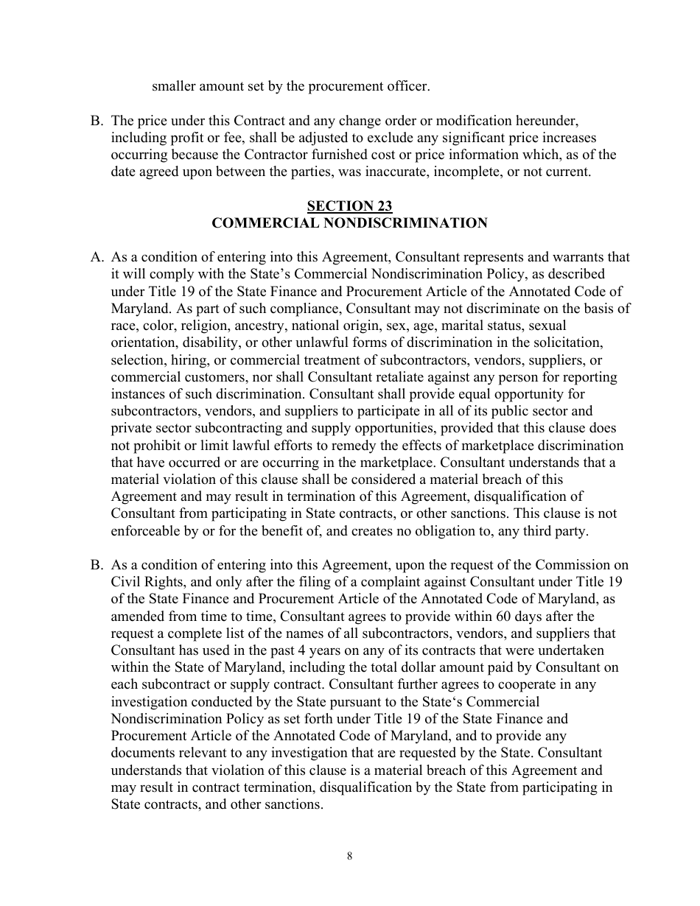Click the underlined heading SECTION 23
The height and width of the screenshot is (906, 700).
tap(349, 206)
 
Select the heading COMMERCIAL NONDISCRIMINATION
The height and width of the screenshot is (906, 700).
tap(349, 222)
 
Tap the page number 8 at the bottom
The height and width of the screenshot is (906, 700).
tap(349, 855)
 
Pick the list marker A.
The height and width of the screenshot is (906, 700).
tap(97, 257)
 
